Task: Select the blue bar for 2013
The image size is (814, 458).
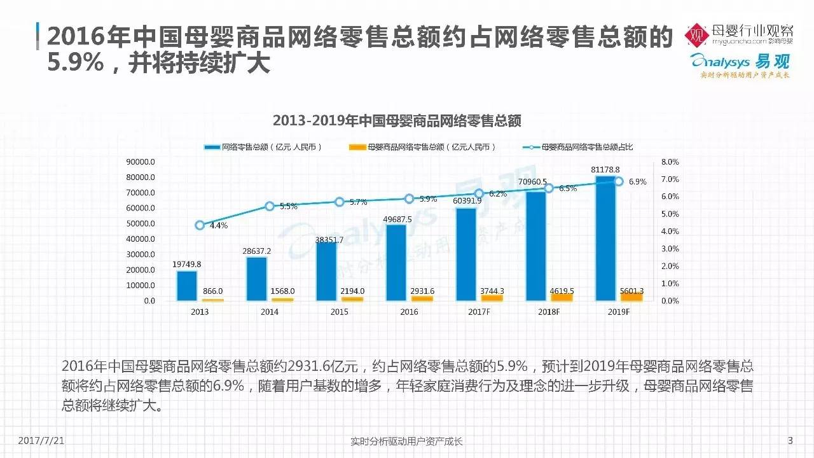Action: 187,286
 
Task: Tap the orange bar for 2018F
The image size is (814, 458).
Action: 562,297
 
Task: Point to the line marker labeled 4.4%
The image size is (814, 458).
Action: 200,225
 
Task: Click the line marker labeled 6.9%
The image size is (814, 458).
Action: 618,181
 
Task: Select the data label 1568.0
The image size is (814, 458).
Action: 283,291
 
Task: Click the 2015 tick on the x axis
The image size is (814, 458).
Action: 340,312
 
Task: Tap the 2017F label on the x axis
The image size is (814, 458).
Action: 479,312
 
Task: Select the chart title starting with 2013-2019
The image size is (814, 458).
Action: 397,120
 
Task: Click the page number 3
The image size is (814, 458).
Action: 790,440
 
